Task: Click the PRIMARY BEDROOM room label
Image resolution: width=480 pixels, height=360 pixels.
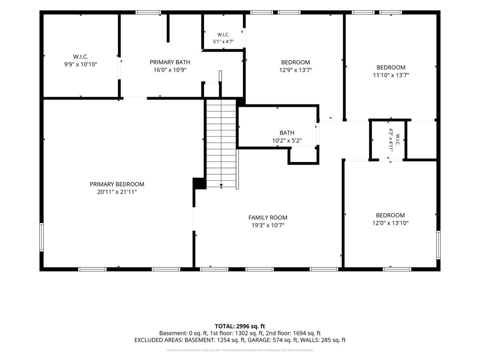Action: (x=117, y=184)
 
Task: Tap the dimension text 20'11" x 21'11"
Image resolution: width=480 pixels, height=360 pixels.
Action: (x=117, y=192)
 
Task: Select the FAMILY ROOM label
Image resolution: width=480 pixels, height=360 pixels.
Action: (x=268, y=218)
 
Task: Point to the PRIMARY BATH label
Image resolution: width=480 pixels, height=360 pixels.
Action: (x=170, y=62)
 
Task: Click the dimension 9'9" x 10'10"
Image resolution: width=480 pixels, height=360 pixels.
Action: (x=80, y=64)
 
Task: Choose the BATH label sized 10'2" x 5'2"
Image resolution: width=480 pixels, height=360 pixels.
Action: (x=287, y=133)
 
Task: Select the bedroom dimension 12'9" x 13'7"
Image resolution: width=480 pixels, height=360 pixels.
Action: (x=296, y=70)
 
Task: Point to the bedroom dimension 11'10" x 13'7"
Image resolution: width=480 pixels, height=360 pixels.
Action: (x=391, y=75)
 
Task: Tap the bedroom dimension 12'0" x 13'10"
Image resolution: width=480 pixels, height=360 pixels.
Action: (x=390, y=223)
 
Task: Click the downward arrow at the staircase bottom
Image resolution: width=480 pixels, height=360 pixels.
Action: (x=221, y=186)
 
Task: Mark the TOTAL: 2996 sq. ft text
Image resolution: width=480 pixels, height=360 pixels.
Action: (x=240, y=326)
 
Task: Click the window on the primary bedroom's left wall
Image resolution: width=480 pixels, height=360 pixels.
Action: (x=41, y=237)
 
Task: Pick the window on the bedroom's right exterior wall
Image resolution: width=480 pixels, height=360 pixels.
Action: (x=438, y=245)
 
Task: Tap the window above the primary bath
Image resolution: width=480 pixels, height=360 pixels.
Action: (x=148, y=12)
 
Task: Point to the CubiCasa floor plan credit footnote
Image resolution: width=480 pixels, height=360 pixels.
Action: (x=240, y=350)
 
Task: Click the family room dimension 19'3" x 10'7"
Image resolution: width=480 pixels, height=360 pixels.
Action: (x=268, y=225)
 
